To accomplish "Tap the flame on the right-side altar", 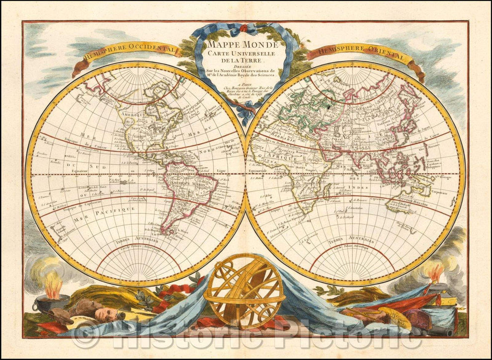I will (x=435, y=272).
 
